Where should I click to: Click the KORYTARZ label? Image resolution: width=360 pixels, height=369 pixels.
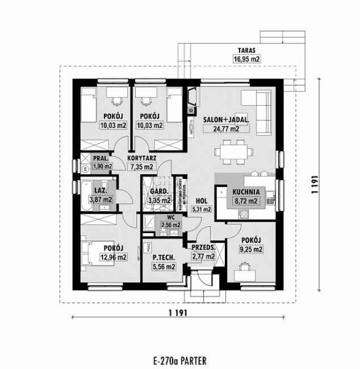pos(142,158)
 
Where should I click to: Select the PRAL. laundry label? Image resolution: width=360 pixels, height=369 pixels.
pos(102,159)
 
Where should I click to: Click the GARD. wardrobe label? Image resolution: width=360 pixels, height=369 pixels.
pos(159,192)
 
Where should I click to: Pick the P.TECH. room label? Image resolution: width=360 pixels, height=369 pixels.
pos(163,258)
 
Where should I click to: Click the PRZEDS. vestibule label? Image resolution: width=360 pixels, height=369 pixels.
pos(203,248)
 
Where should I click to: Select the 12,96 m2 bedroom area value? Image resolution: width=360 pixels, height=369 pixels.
pos(114,257)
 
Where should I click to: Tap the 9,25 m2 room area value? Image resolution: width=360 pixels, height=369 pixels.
pos(250,249)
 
